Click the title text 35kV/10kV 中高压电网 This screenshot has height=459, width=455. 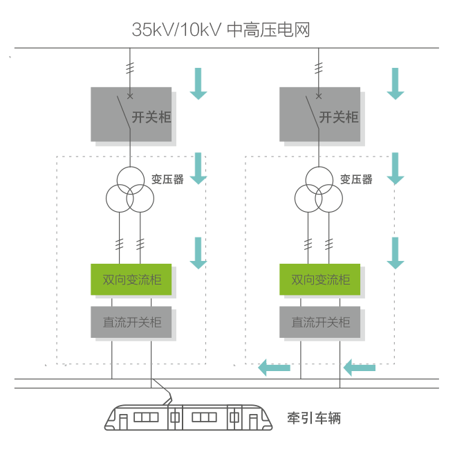tap(221, 30)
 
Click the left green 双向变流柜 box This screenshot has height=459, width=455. tap(131, 280)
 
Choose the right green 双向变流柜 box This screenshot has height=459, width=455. tap(319, 280)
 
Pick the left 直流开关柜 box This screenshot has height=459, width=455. tap(131, 321)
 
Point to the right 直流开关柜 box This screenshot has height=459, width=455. tap(319, 321)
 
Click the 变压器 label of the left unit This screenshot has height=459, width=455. tap(167, 179)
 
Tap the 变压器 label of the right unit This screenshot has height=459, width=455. tap(356, 179)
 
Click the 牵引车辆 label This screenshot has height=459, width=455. tap(314, 418)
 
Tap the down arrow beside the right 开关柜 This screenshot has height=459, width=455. tap(395, 83)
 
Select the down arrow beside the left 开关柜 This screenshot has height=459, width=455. tap(198, 83)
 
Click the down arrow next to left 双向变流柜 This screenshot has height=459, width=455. tap(198, 253)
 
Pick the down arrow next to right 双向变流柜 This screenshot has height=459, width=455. tap(395, 253)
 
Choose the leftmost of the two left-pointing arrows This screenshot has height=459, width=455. tap(274, 367)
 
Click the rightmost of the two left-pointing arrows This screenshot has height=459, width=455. tap(360, 367)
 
